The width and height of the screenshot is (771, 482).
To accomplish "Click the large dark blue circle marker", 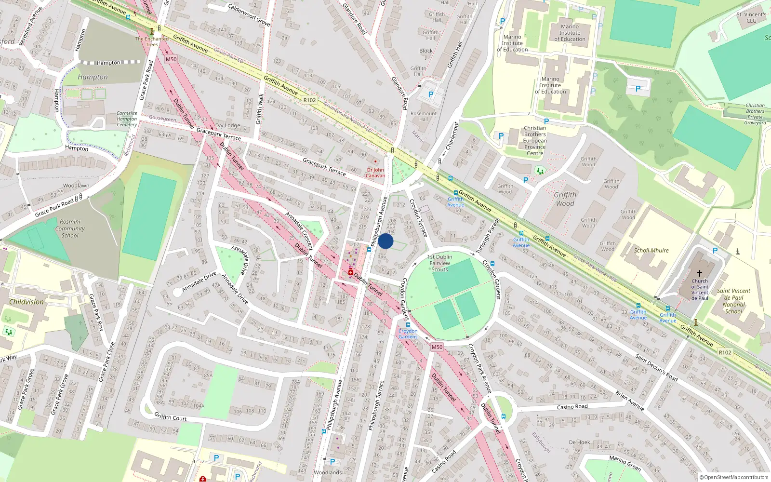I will (385, 241).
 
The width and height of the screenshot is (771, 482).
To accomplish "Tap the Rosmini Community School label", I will (70, 228).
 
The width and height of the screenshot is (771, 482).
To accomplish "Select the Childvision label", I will (27, 302).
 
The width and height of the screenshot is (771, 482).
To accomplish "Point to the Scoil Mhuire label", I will (651, 250).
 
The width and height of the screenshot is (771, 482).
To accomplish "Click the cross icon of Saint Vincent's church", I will (700, 273).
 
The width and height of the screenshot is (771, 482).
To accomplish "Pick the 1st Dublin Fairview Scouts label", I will (439, 263).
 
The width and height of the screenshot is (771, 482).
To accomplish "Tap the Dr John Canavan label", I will (375, 173).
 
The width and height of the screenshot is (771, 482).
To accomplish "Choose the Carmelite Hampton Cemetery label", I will (127, 119).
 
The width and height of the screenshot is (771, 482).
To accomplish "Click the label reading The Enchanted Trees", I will (152, 41).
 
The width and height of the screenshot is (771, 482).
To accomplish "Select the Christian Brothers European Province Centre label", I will (535, 141).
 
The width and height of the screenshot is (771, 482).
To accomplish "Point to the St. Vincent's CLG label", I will (751, 17).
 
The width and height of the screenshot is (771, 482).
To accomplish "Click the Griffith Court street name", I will (170, 417).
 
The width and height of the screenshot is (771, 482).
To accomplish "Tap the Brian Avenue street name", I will (630, 401).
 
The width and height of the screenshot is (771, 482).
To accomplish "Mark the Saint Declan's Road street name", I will (656, 367).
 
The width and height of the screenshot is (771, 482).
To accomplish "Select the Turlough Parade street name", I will (488, 236).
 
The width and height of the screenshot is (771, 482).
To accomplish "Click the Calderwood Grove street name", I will (249, 15).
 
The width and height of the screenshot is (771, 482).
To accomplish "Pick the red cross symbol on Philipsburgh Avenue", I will (351, 272).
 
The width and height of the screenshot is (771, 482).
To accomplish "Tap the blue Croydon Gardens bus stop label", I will (408, 334).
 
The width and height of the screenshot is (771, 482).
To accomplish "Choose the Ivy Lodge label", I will (228, 125).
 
